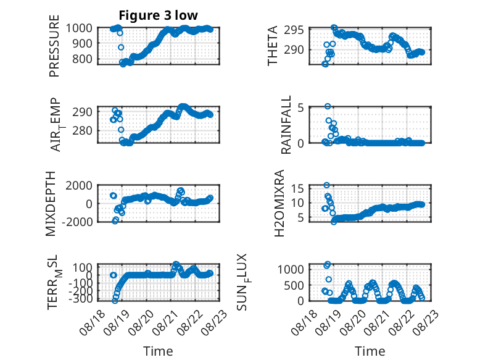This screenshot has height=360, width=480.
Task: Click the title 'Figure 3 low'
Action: pyautogui.click(x=159, y=15)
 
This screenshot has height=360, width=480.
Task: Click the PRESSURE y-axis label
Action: pyautogui.click(x=54, y=46)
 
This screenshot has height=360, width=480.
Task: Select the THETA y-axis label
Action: pyautogui.click(x=272, y=46)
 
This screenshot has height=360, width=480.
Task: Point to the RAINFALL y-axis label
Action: pyautogui.click(x=286, y=125)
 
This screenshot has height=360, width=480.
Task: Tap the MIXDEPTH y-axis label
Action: pyautogui.click(x=51, y=204)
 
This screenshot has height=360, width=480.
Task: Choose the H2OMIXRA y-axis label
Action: pyautogui.click(x=279, y=203)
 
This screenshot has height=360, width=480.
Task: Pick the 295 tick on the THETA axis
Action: pyautogui.click(x=294, y=30)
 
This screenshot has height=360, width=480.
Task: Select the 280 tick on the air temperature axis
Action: pyautogui.click(x=81, y=131)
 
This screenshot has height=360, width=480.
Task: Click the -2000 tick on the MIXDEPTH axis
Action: pyautogui.click(x=77, y=222)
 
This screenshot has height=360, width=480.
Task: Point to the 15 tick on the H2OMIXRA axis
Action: pyautogui.click(x=297, y=188)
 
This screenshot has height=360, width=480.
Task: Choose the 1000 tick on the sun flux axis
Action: pyautogui.click(x=291, y=270)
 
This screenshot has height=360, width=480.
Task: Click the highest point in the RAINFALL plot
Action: pyautogui.click(x=328, y=106)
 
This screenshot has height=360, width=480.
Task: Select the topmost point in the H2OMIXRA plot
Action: pyautogui.click(x=326, y=185)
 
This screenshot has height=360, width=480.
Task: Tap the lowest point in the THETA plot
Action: pyautogui.click(x=325, y=64)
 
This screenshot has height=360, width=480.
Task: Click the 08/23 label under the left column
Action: pyautogui.click(x=215, y=322)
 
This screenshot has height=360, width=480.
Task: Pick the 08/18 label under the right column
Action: pyautogui.click(x=304, y=322)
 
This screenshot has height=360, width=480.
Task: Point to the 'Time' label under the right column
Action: pyautogui.click(x=370, y=351)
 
